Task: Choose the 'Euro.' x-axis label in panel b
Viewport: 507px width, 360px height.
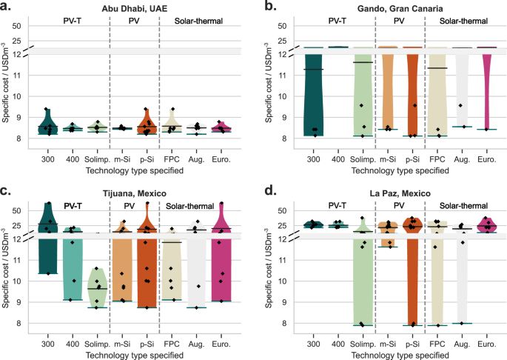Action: pos(486,158)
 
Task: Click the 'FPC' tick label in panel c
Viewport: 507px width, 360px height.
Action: pos(172,344)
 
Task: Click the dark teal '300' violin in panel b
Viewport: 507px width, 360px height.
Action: pos(313,104)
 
